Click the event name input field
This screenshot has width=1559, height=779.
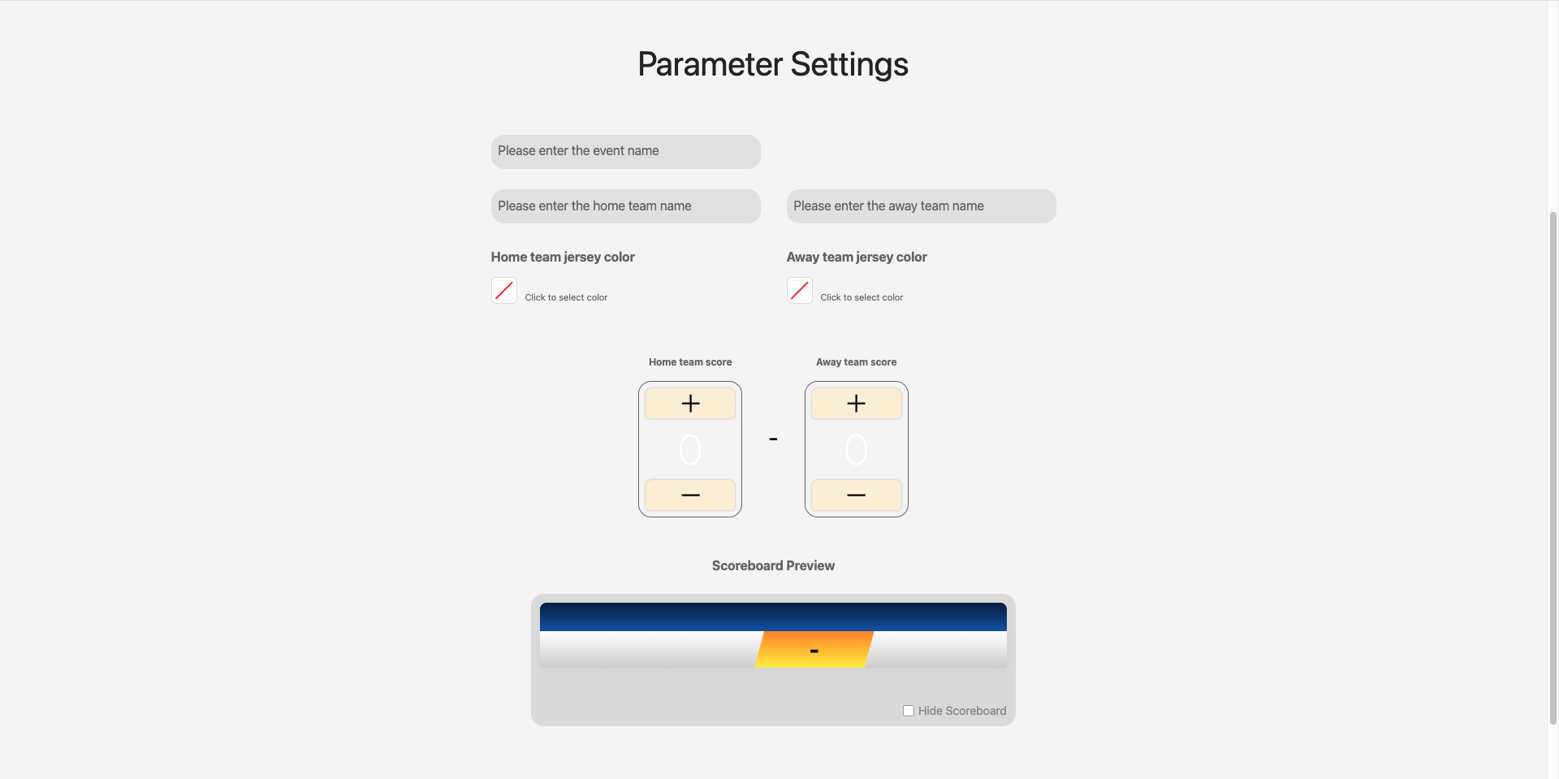point(625,152)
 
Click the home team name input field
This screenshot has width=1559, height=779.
point(625,206)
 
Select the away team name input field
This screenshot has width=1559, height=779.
point(921,206)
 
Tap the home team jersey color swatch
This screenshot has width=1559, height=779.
point(504,291)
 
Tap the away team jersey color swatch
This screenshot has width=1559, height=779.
point(800,291)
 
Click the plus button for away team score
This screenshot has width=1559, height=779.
point(856,404)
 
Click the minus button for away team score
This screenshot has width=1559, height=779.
point(856,495)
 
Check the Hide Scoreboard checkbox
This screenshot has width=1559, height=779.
point(909,711)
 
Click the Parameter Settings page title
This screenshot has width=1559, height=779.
point(772,64)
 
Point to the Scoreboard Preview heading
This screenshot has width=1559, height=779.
point(772,565)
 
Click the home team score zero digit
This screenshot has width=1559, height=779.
point(690,449)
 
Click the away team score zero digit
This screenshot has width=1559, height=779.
point(856,449)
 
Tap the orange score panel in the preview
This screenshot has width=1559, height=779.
point(814,650)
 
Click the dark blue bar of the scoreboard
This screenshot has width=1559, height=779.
point(772,617)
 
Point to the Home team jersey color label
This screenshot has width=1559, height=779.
point(563,257)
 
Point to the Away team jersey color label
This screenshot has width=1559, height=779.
point(857,257)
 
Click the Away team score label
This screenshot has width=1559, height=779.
point(856,362)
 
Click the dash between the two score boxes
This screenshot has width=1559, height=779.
point(773,439)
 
